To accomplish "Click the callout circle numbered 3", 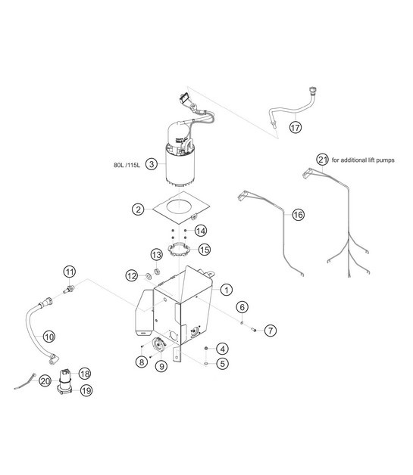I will coord(152,163).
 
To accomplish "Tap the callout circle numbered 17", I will coord(296,128).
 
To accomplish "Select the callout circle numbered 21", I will coord(324,159).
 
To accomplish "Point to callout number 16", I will coord(298,215).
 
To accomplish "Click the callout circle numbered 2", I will coord(138,208).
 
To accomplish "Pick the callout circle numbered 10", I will coord(49,336).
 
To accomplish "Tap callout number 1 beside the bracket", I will coord(227,289).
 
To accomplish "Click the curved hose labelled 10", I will coord(36,325).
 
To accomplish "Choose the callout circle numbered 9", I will coord(161,366).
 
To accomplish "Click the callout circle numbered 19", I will coord(85,390).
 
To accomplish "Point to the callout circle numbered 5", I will coord(222,363).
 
